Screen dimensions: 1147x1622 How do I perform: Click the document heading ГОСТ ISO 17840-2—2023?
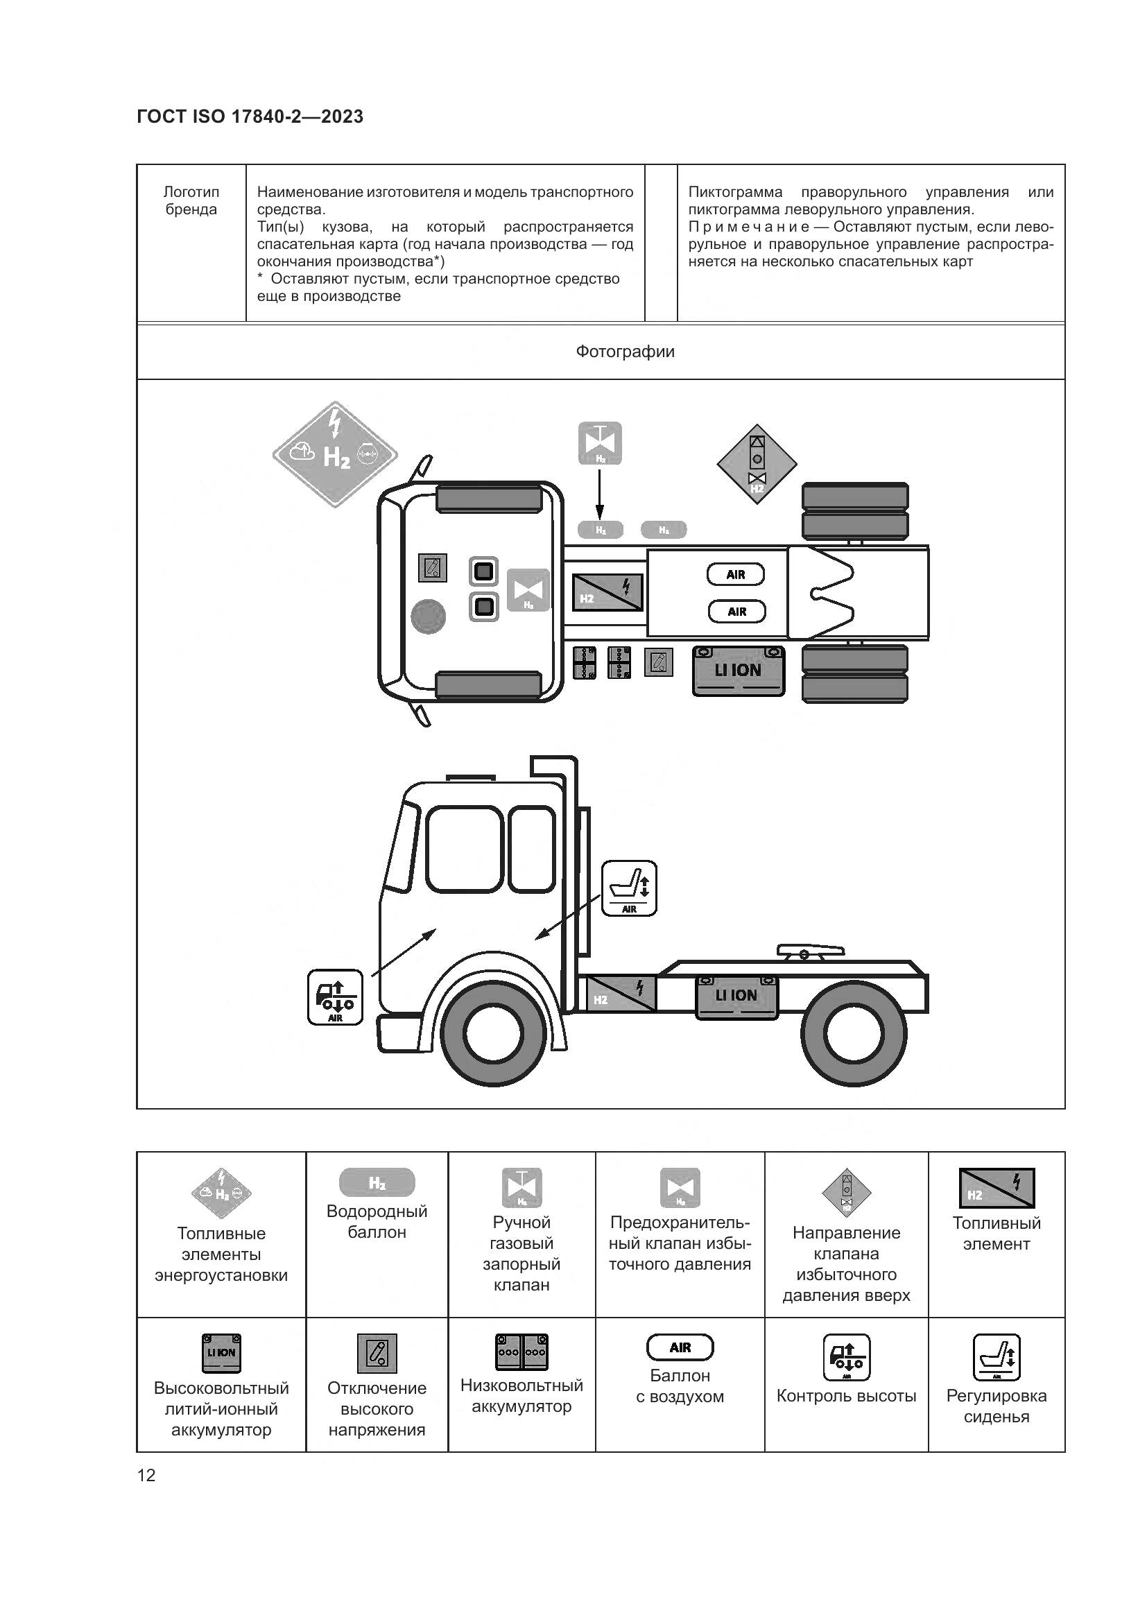click(x=250, y=117)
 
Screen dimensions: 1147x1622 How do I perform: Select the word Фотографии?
click(x=625, y=351)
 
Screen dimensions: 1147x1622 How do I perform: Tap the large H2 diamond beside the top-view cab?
click(x=335, y=454)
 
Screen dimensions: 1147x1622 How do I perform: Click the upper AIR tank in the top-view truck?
click(x=736, y=574)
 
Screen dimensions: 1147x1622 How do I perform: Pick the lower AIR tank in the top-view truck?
click(x=736, y=612)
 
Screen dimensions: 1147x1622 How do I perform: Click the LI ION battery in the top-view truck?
click(x=738, y=671)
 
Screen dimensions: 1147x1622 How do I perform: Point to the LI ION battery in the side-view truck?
click(x=736, y=996)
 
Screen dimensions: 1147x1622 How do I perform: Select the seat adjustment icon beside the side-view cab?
click(x=629, y=889)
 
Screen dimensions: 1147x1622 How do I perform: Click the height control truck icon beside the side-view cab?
click(x=336, y=997)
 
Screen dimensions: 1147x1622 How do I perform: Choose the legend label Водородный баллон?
click(x=377, y=1221)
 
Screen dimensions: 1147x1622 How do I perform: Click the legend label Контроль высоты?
click(x=846, y=1396)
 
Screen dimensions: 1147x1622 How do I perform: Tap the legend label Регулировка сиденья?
click(x=997, y=1406)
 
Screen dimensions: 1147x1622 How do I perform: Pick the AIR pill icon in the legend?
click(x=680, y=1347)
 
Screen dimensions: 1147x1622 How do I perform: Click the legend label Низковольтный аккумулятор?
click(x=522, y=1395)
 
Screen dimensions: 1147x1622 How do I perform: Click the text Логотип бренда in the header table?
click(x=191, y=200)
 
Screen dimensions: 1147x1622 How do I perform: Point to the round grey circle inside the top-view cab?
click(x=428, y=616)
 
